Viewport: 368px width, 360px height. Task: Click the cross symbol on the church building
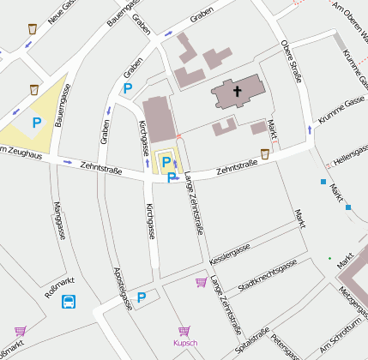[x=236, y=90]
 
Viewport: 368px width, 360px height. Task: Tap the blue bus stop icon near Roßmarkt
[x=69, y=301]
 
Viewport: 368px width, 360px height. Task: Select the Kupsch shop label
[x=184, y=343]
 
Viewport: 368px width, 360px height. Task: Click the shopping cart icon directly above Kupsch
[x=184, y=330]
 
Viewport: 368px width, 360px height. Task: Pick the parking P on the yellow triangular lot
[x=37, y=123]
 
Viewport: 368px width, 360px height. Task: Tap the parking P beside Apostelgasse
[x=142, y=297]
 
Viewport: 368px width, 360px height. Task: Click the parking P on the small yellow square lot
[x=166, y=161]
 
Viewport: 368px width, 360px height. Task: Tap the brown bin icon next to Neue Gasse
[x=33, y=28]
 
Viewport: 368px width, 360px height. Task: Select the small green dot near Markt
[x=329, y=258]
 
